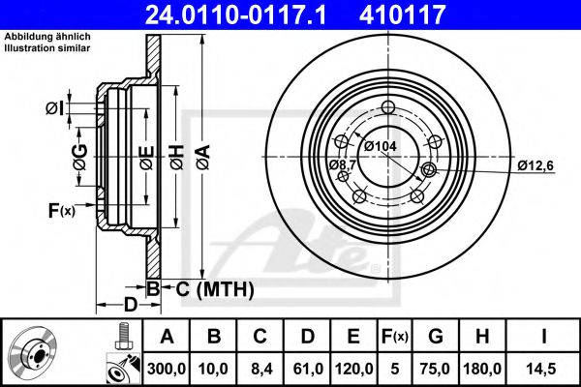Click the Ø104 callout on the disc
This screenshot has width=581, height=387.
[x=382, y=146]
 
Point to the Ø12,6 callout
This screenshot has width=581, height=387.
[x=535, y=164]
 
